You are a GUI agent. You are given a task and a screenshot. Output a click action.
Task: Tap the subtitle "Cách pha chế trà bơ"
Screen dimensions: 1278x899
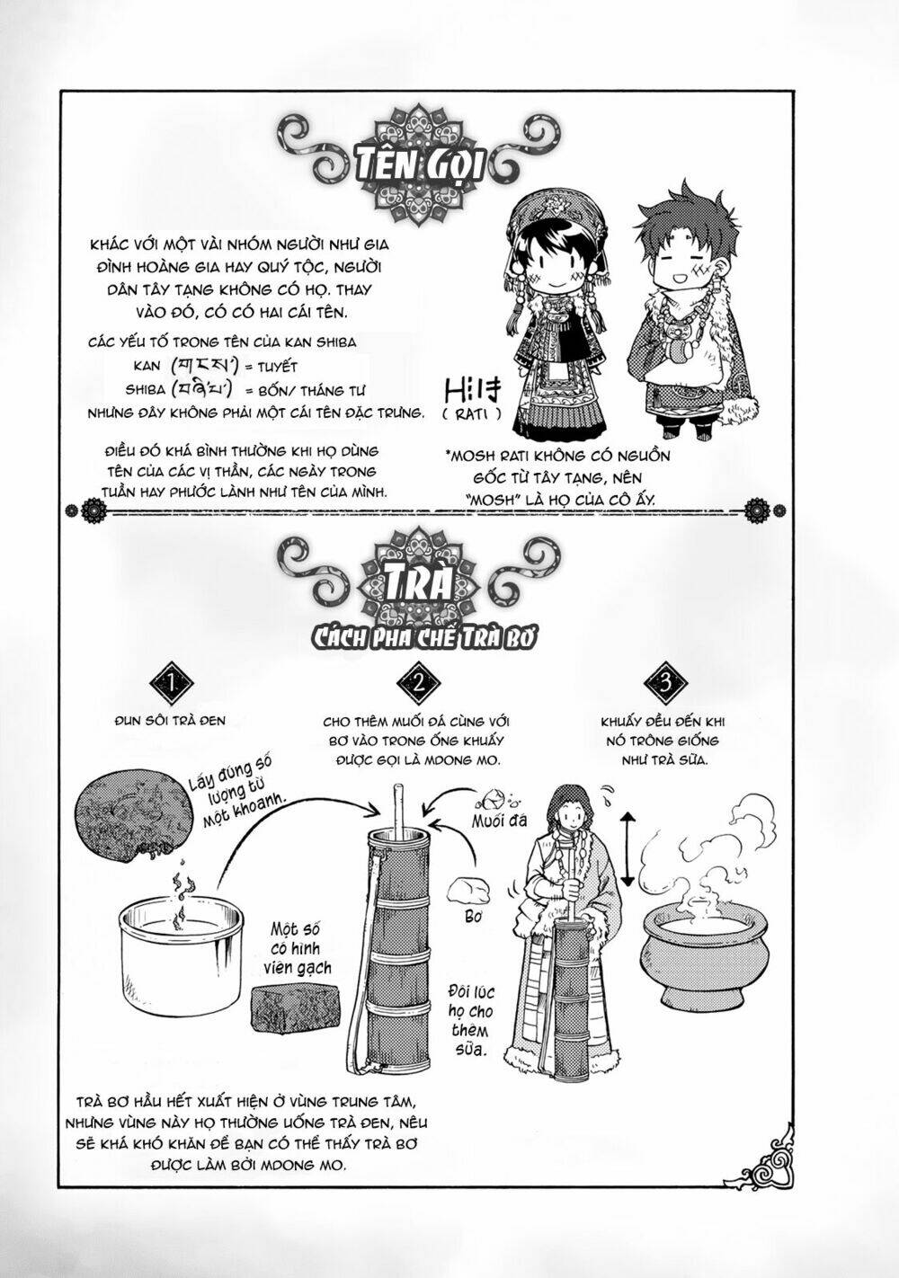pos(419,636)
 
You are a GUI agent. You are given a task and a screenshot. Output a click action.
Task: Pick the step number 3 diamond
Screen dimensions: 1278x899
pos(664,685)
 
